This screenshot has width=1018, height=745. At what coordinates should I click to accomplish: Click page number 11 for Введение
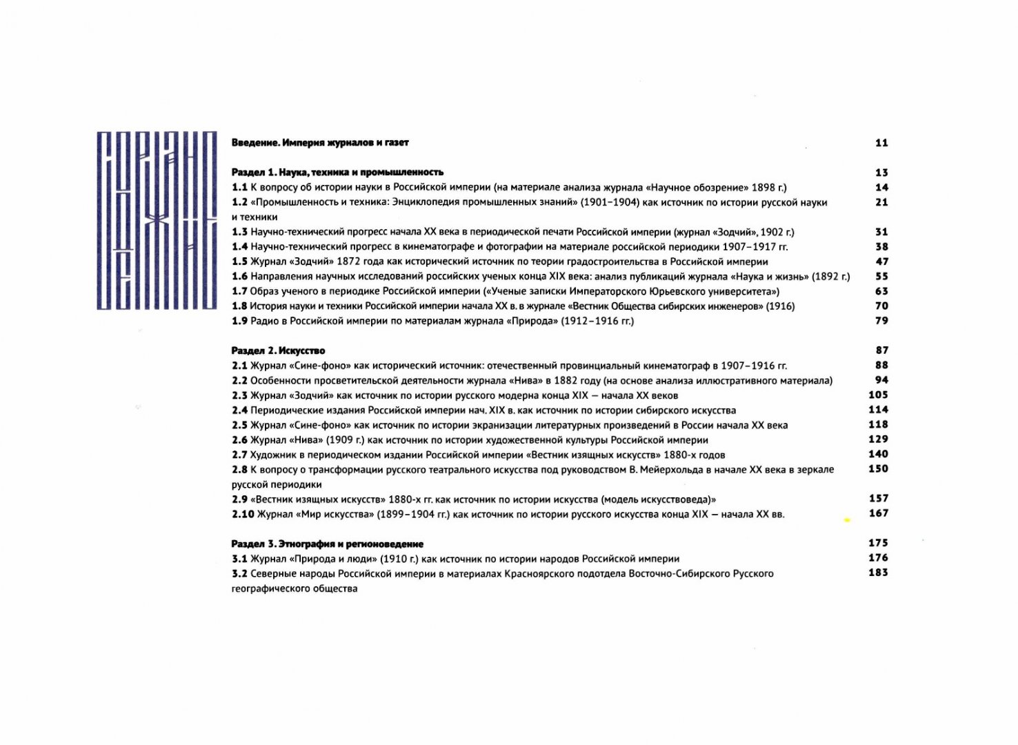pyautogui.click(x=881, y=143)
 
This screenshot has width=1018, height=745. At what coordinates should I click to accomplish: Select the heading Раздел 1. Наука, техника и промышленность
pyautogui.click(x=337, y=172)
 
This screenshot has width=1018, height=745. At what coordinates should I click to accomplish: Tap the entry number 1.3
pyautogui.click(x=239, y=232)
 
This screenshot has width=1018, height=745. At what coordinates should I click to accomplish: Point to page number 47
pyautogui.click(x=881, y=261)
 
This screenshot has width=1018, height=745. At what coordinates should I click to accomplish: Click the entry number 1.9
pyautogui.click(x=239, y=321)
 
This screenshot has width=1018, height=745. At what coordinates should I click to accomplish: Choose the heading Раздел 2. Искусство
pyautogui.click(x=278, y=350)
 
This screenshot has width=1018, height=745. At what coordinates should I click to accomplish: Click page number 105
pyautogui.click(x=878, y=395)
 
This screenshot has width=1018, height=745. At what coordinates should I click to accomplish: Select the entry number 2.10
pyautogui.click(x=243, y=514)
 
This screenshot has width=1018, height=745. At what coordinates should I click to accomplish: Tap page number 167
pyautogui.click(x=878, y=513)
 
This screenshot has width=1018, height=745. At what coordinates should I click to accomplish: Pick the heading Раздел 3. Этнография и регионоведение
pyautogui.click(x=327, y=544)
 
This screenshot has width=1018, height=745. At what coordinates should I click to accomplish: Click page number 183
pyautogui.click(x=878, y=573)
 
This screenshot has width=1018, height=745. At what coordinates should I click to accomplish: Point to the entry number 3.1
pyautogui.click(x=239, y=559)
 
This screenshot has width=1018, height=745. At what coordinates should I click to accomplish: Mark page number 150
pyautogui.click(x=878, y=469)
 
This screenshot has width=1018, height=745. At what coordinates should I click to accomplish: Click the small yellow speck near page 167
pyautogui.click(x=847, y=520)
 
